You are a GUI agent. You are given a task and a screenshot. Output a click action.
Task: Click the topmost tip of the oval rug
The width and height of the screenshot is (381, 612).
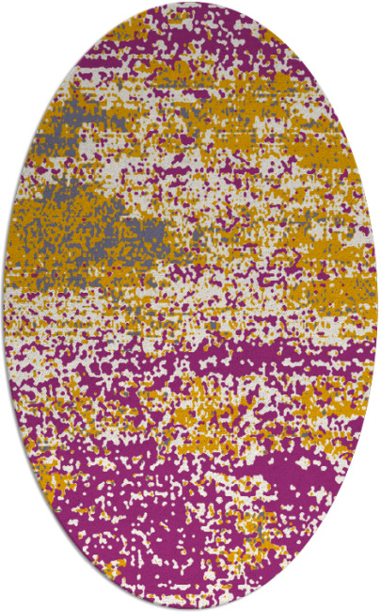(x=190, y=3)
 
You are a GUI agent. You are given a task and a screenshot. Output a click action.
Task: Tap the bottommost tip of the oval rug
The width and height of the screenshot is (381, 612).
(x=190, y=609)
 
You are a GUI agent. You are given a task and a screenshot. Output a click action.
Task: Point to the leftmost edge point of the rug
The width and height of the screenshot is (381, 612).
(x=3, y=306)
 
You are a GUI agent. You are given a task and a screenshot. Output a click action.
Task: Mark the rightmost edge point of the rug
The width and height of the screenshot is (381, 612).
(x=377, y=306)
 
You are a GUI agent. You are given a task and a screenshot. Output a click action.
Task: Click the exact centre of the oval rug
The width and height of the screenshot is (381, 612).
(x=190, y=306)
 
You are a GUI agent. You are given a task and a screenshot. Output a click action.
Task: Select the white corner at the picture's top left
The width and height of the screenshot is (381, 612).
(x=8, y=8)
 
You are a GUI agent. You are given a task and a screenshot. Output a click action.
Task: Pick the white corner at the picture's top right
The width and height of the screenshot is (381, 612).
(x=373, y=8)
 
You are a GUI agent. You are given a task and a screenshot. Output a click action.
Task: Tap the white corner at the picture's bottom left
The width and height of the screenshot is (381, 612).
(x=8, y=604)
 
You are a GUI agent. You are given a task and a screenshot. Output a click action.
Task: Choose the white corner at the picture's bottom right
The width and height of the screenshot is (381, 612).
(x=373, y=604)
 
